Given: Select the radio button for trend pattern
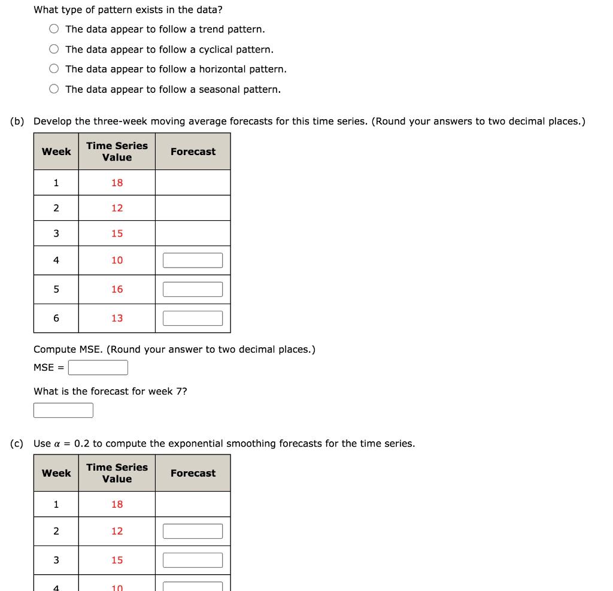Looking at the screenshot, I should (x=54, y=29).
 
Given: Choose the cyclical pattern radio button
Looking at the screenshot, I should (x=54, y=49).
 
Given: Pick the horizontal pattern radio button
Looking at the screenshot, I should (x=54, y=69).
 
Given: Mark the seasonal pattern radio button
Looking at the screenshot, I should (x=54, y=89).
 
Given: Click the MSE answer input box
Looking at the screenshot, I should (x=98, y=368).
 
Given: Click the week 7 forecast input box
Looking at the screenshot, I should (x=63, y=410).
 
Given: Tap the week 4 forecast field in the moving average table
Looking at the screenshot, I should (x=193, y=260).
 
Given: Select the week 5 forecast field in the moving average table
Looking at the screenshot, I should (x=193, y=289).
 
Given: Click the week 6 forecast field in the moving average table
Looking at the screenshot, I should (x=193, y=318).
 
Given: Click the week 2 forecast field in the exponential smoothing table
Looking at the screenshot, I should (x=193, y=531).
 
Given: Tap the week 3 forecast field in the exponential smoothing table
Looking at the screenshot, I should (x=193, y=560).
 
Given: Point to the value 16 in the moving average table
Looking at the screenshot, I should (x=117, y=289).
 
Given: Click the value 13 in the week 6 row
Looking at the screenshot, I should (x=117, y=318).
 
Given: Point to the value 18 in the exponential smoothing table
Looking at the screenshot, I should (x=117, y=504).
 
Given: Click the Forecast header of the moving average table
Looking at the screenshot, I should (x=193, y=151).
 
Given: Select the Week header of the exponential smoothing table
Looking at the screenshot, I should (x=56, y=473).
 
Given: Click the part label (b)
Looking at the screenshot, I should (x=17, y=122).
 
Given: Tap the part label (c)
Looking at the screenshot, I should (x=17, y=444).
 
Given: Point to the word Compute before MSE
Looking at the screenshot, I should (x=54, y=349).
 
